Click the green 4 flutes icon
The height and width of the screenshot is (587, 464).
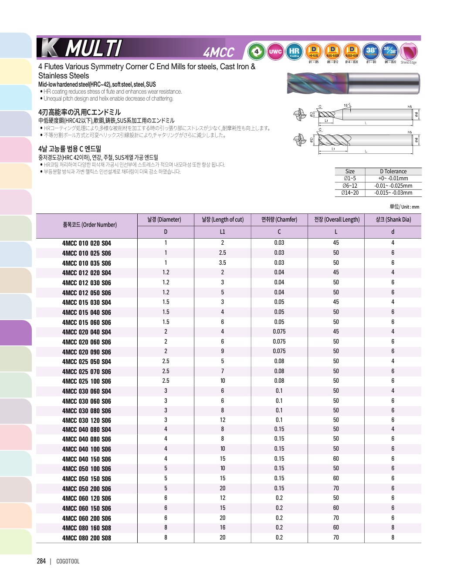tap(257, 52)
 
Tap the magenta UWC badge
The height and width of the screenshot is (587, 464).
tap(275, 52)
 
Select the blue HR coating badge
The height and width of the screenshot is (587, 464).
tap(295, 52)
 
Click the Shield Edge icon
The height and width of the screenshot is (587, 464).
tap(408, 52)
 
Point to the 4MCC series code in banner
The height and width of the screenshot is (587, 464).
tap(219, 53)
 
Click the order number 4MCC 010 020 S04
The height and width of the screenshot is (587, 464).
tap(87, 243)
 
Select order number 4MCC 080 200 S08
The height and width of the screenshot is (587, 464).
tap(87, 538)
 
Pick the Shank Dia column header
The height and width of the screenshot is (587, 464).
tap(393, 219)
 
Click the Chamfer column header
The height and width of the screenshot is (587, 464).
tap(279, 219)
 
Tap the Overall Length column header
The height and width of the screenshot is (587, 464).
tap(336, 219)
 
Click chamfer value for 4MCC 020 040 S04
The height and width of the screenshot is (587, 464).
tap(279, 332)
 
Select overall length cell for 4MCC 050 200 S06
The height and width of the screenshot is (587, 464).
tap(336, 489)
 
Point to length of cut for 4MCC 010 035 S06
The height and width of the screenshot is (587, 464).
tap(223, 263)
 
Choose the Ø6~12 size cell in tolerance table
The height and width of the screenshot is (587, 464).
tap(350, 186)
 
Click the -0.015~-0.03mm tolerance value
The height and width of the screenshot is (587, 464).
tap(393, 192)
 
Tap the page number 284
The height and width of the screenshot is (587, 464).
tap(41, 561)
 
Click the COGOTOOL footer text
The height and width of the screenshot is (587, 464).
tap(68, 561)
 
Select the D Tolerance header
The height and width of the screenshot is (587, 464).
tap(393, 172)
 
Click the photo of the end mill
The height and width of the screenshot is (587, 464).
tap(353, 83)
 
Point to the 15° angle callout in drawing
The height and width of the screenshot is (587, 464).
tap(346, 105)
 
